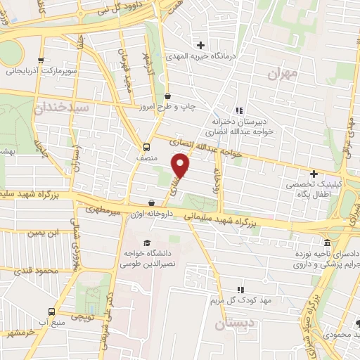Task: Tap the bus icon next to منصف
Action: click(x=146, y=147)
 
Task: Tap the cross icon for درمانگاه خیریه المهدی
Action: click(x=202, y=44)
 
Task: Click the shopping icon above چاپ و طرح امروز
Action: click(x=167, y=96)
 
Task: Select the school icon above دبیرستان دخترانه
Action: click(x=239, y=110)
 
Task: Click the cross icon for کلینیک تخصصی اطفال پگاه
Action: click(x=314, y=173)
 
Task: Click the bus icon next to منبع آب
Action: click(x=51, y=311)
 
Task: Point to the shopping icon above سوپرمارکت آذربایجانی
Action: click(x=41, y=60)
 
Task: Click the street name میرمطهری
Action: click(x=98, y=209)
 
